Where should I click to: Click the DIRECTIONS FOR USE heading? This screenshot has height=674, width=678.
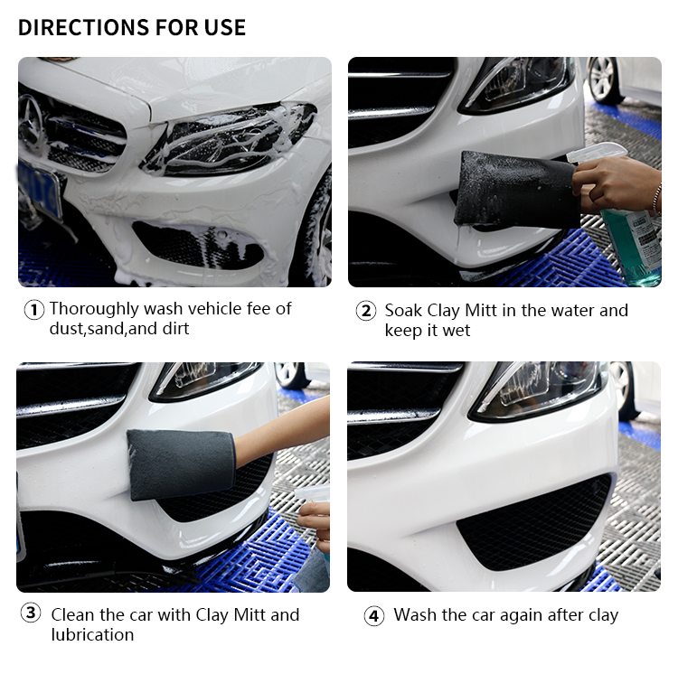pos(132,27)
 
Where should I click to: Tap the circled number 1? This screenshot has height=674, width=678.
pos(33,310)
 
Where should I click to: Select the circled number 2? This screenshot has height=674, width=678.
pos(366,311)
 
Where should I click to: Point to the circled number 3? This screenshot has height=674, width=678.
pos(31,613)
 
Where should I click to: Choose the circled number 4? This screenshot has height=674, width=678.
pos(373,616)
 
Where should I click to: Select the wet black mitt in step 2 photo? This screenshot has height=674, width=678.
pos(516,190)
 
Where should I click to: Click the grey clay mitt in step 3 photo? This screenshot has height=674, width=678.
pos(181,464)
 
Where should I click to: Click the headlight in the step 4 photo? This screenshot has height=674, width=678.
pos(536,391)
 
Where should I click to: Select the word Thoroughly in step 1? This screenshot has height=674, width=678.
pos(95,309)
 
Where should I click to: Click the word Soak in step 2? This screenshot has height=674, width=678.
pos(403,311)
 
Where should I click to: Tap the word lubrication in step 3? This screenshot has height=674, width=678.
pos(92,634)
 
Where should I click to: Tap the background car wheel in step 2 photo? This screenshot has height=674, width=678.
pos(604,80)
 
